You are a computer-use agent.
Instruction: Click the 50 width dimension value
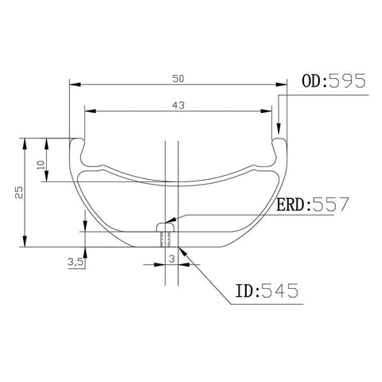(178, 79)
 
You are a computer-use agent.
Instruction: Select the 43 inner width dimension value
(178, 105)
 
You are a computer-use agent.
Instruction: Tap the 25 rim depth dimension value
(19, 193)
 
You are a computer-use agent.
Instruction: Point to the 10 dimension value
(41, 165)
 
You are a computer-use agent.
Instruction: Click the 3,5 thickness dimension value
(76, 262)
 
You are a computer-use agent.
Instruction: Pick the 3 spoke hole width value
(172, 259)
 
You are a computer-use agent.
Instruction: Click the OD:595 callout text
(333, 81)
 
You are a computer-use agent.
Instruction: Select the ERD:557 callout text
(312, 205)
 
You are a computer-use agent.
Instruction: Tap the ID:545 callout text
(267, 290)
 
